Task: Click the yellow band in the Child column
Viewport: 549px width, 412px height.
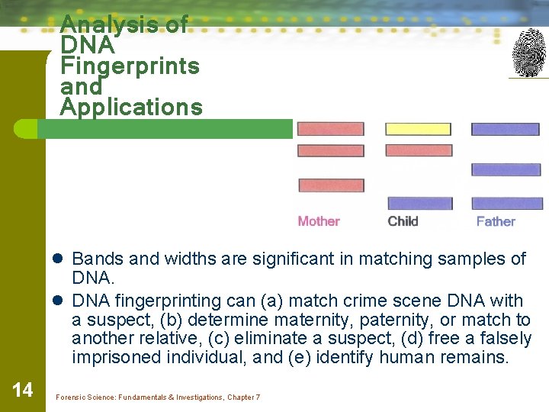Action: pyautogui.click(x=419, y=129)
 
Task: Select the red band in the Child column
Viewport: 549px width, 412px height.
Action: pyautogui.click(x=419, y=150)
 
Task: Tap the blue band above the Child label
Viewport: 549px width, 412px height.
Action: pyautogui.click(x=419, y=203)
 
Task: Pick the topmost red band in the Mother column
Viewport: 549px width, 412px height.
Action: pyautogui.click(x=330, y=129)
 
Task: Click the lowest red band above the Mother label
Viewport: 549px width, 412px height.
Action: pyautogui.click(x=331, y=185)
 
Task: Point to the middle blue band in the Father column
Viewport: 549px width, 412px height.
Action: pyautogui.click(x=506, y=169)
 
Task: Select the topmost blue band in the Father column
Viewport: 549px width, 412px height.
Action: pyautogui.click(x=505, y=129)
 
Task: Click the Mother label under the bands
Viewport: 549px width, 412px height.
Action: pyautogui.click(x=319, y=221)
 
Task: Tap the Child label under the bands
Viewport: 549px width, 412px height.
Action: pyautogui.click(x=403, y=221)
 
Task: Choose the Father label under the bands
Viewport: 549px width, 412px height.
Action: pyautogui.click(x=496, y=221)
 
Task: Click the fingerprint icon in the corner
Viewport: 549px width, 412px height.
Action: pyautogui.click(x=528, y=53)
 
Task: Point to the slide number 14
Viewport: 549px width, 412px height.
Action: pyautogui.click(x=23, y=391)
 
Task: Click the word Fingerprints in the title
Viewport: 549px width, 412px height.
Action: pyautogui.click(x=130, y=66)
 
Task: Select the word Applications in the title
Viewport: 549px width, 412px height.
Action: pyautogui.click(x=131, y=108)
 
